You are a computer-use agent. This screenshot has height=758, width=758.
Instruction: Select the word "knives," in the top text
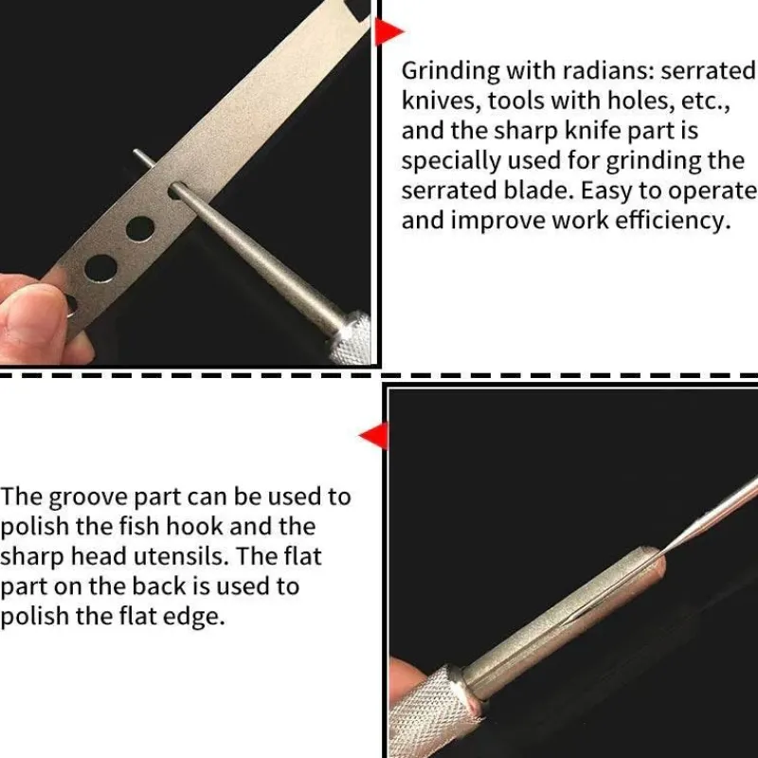[x=442, y=101]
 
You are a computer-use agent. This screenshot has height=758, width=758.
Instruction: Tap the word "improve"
[x=498, y=222]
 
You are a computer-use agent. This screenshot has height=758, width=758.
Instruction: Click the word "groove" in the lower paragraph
[x=88, y=498]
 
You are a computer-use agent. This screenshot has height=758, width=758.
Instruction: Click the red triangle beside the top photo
[x=388, y=32]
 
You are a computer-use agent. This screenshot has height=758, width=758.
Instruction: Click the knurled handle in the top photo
[x=352, y=337]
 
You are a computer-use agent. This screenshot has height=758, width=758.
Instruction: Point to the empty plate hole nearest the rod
[x=140, y=229]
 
